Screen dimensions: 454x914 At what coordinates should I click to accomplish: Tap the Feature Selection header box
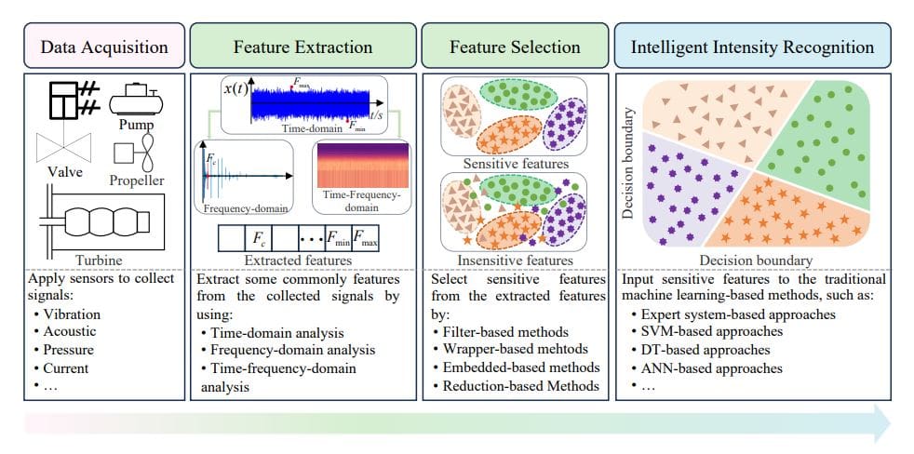pyautogui.click(x=514, y=47)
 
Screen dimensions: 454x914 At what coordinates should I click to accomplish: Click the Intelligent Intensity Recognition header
pyautogui.click(x=752, y=47)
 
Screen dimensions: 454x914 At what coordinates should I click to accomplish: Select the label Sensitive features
pyautogui.click(x=514, y=164)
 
